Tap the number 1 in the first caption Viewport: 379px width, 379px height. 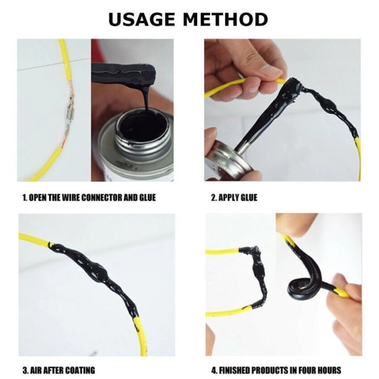click(x=24, y=198)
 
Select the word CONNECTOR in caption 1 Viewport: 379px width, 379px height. click(x=101, y=198)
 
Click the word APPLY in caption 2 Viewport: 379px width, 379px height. click(x=227, y=198)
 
